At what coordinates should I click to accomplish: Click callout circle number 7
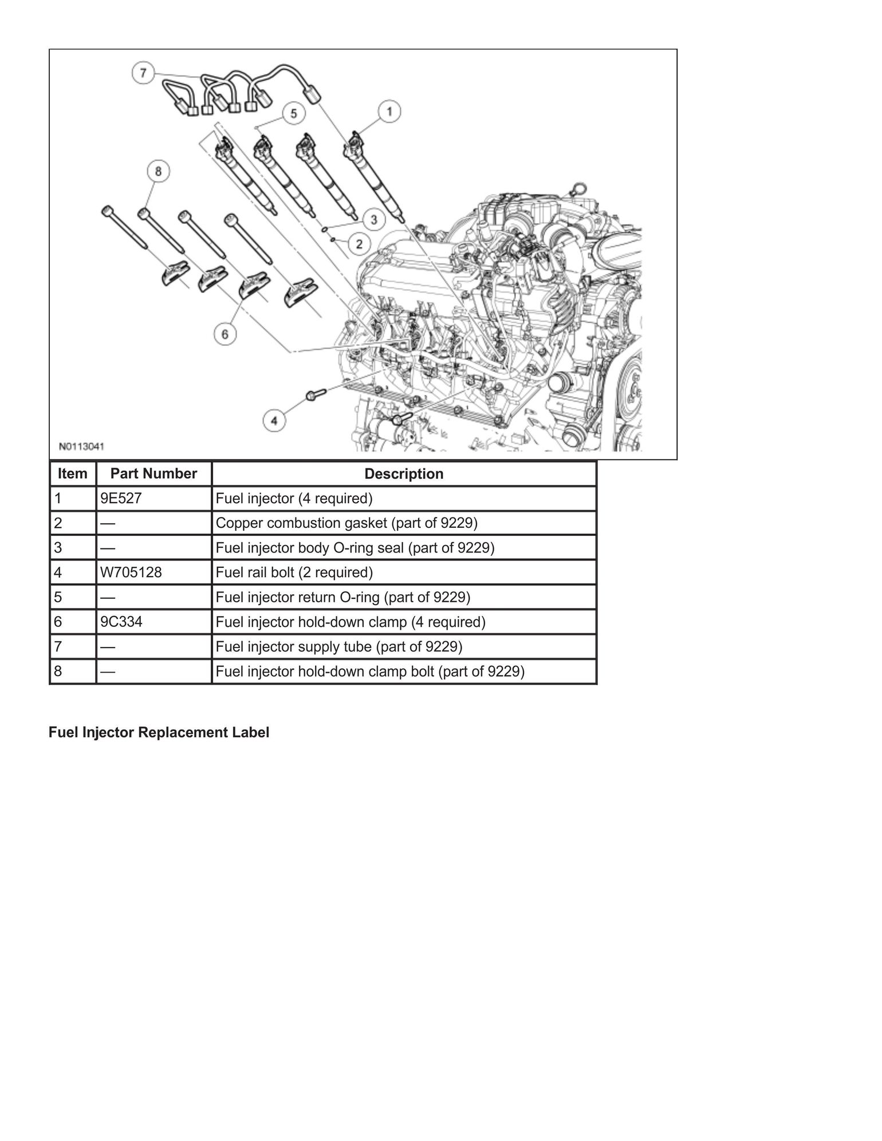coord(143,73)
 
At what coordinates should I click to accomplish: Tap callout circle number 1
coord(389,111)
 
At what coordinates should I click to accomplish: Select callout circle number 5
coord(293,113)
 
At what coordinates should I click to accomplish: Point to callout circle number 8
coord(158,171)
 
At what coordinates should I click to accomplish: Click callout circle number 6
coord(225,334)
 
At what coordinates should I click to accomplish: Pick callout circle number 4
coord(274,421)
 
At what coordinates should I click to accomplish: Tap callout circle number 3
coord(373,219)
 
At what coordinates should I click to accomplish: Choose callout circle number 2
coord(359,244)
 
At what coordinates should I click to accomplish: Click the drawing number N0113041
coord(81,446)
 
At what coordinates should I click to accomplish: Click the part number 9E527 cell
coord(121,499)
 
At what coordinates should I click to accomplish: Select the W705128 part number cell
coord(131,573)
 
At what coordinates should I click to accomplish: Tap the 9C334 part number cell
coord(121,622)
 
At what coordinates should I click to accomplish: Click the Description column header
coord(404,474)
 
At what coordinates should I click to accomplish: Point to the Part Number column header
coord(153,474)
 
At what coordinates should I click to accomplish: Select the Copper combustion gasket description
coord(346,523)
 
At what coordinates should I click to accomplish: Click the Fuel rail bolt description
coord(294,573)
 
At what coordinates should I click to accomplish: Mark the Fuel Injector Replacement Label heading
coord(159,733)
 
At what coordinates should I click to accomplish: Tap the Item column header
coord(73,474)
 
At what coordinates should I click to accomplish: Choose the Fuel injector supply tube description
coord(339,647)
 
